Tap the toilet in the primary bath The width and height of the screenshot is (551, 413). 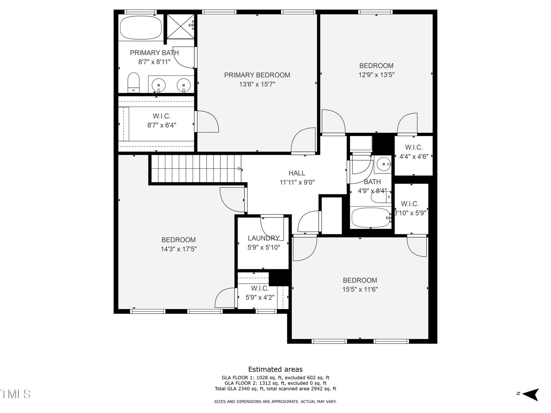tap(133, 83)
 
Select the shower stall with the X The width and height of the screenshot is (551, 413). tap(180, 27)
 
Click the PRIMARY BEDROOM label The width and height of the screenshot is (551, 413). tap(257, 75)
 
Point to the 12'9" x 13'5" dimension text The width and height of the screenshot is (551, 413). tap(376, 75)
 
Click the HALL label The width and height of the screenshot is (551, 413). tap(297, 173)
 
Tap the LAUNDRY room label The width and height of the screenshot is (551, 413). tap(263, 238)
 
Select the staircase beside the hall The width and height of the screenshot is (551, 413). tap(196, 169)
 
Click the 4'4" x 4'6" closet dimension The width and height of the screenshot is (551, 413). tap(414, 157)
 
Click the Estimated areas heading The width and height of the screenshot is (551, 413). tap(275, 369)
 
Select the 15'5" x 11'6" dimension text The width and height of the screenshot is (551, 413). tap(360, 289)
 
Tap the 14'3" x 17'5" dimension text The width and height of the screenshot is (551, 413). tap(178, 249)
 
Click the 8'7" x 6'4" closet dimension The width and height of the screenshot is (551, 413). tap(162, 125)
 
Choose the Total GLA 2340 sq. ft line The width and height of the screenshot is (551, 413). tap(275, 389)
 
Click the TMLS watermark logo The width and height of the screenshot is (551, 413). tap(15, 394)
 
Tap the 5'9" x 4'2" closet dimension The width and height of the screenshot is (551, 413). tap(260, 297)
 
